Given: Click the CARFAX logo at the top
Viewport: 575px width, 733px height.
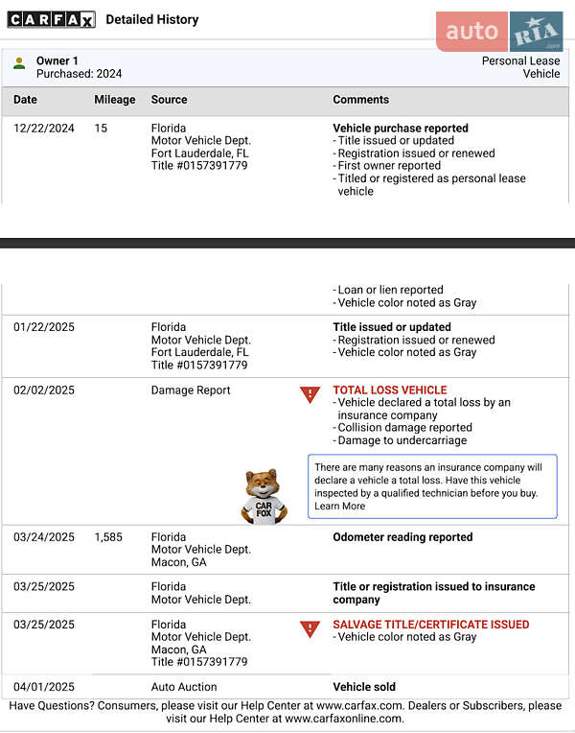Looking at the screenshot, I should (51, 19).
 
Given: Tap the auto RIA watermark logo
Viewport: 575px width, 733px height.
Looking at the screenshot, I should (499, 32).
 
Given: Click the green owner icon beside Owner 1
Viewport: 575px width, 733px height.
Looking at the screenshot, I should (19, 63).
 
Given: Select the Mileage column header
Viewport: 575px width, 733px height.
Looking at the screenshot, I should (114, 100).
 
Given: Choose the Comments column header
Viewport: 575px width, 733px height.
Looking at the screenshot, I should (360, 100).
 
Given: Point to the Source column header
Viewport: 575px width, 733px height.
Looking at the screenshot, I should (169, 100).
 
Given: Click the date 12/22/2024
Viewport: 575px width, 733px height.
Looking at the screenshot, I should (43, 129).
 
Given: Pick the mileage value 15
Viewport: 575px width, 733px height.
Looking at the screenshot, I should (101, 129).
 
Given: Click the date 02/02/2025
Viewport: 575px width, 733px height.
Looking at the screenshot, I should (43, 390).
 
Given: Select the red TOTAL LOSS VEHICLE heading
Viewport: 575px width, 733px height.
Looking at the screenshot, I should (389, 390).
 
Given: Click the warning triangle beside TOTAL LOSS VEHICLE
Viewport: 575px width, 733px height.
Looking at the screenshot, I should (310, 394).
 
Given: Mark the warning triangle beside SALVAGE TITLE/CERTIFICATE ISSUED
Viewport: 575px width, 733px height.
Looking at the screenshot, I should (310, 628).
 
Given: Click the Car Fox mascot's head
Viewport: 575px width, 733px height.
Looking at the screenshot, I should (261, 482).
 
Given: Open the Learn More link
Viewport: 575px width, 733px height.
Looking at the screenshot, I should (339, 506).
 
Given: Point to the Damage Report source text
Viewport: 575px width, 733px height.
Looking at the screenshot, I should (191, 390).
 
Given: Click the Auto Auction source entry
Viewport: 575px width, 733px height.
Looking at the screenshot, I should (184, 687).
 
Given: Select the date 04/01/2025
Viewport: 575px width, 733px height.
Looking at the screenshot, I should (43, 687).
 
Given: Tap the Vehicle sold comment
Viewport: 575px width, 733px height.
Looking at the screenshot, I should (364, 687).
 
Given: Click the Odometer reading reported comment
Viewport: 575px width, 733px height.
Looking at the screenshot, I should (402, 537).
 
